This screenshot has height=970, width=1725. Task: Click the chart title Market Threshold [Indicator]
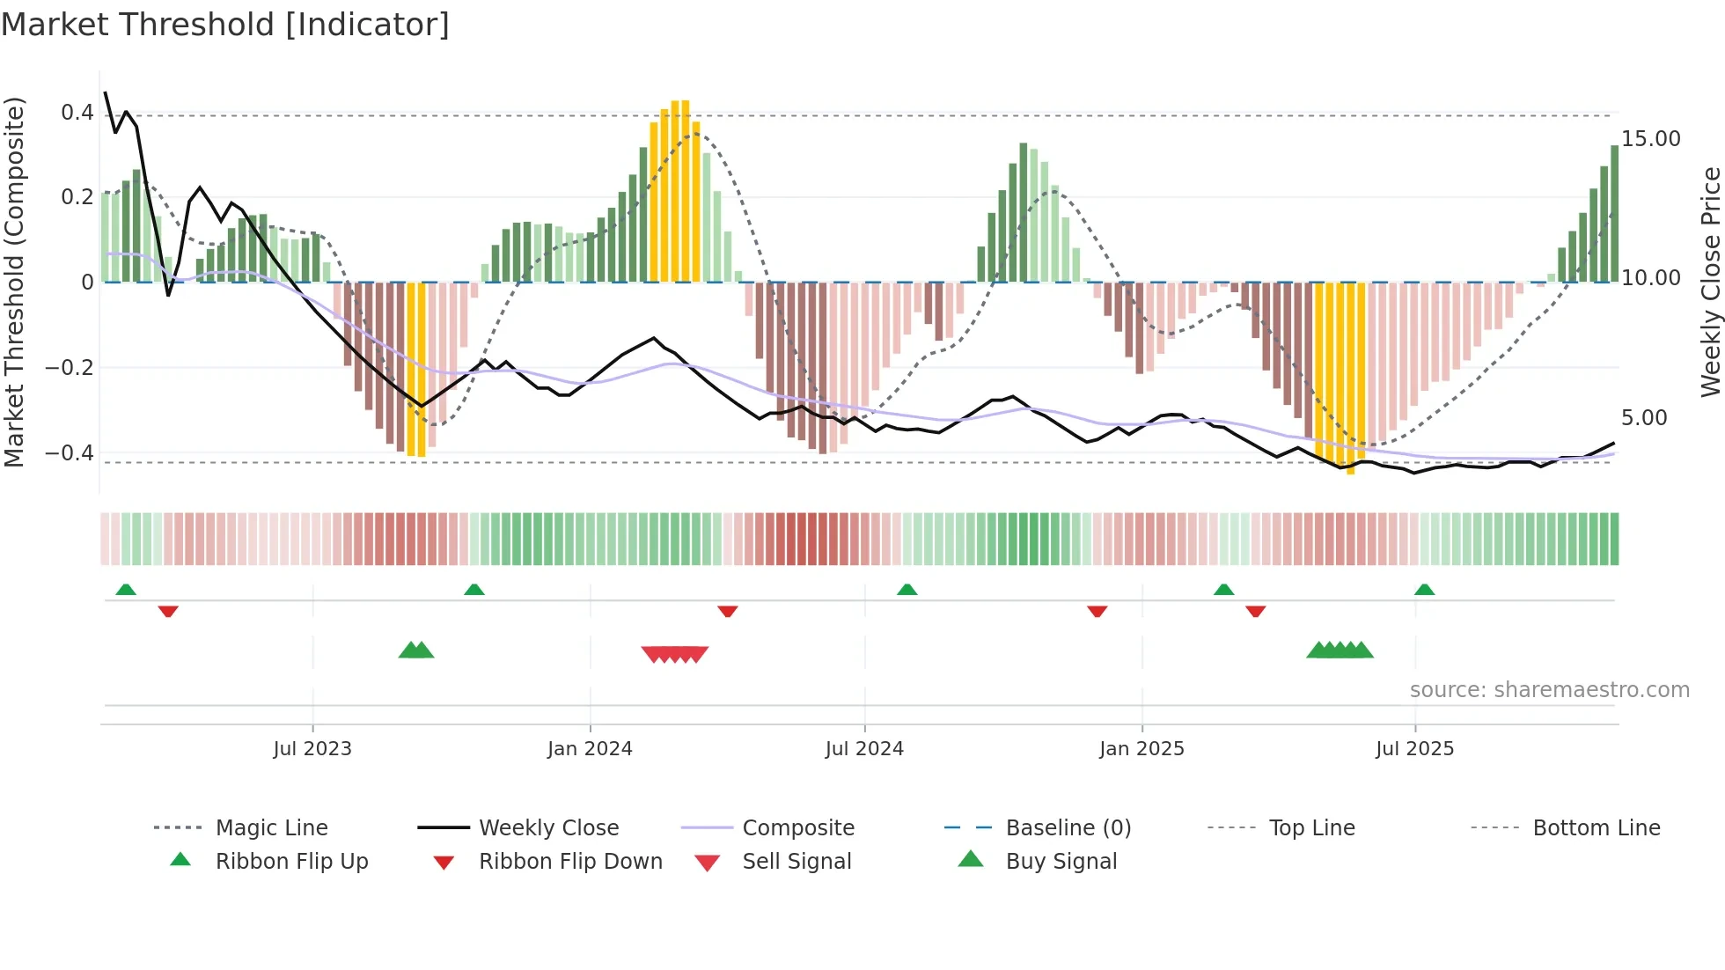click(x=225, y=25)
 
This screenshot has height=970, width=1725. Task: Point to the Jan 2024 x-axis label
click(x=590, y=748)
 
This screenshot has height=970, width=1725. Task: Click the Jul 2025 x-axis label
click(x=1414, y=748)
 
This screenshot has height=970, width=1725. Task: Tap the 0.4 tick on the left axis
click(x=77, y=113)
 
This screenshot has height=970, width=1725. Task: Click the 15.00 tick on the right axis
click(x=1650, y=139)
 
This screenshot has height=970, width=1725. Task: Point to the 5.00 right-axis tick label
click(x=1644, y=417)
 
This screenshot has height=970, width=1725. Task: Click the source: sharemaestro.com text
click(x=1549, y=689)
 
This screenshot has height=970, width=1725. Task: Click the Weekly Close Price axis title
click(x=1710, y=282)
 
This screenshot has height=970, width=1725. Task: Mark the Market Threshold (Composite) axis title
click(x=14, y=282)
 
